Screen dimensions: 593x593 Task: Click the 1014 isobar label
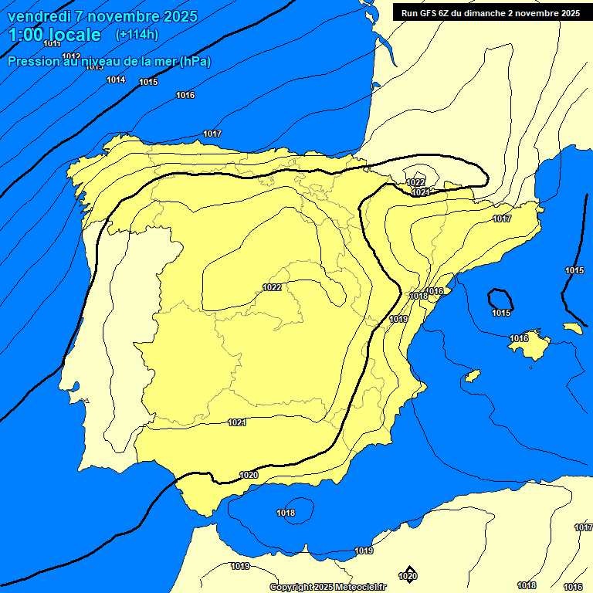pyautogui.click(x=116, y=80)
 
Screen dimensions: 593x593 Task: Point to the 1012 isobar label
pyautogui.click(x=72, y=56)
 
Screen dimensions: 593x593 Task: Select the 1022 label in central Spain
pyautogui.click(x=272, y=287)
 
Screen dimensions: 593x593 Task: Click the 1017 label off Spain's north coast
pyautogui.click(x=212, y=134)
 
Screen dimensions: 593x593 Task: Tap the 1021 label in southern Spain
pyautogui.click(x=237, y=422)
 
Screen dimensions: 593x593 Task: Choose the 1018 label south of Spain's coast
pyautogui.click(x=286, y=513)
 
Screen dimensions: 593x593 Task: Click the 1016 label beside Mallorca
pyautogui.click(x=519, y=338)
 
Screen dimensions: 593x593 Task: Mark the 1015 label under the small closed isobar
pyautogui.click(x=501, y=313)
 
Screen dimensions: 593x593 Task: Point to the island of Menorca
pyautogui.click(x=571, y=327)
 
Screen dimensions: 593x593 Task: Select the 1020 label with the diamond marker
pyautogui.click(x=408, y=576)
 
